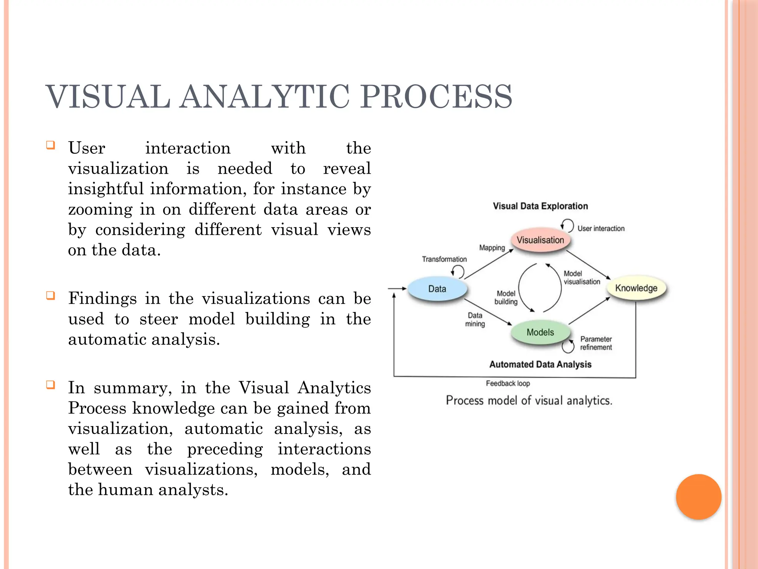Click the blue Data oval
(437, 289)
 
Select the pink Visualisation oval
(540, 240)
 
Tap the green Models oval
(540, 332)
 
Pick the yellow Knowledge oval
(636, 288)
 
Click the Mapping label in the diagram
(492, 248)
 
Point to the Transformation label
(444, 259)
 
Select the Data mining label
(475, 320)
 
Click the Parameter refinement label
(596, 343)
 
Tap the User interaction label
(601, 229)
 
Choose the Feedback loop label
(508, 383)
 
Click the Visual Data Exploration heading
(540, 206)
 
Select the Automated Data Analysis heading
(540, 365)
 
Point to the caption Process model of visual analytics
(529, 400)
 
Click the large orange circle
(698, 497)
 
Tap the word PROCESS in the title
(436, 97)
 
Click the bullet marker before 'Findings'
(51, 296)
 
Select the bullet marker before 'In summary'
(51, 385)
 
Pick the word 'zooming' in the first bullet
(100, 210)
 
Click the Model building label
(506, 297)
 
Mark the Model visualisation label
(581, 277)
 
